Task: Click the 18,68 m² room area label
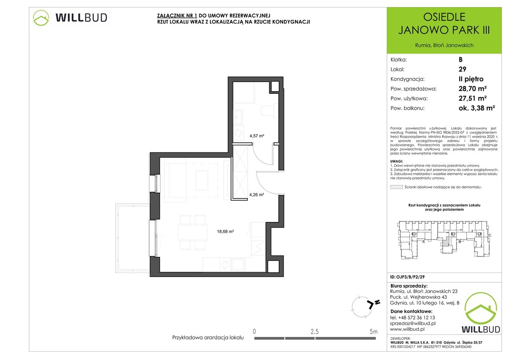225,232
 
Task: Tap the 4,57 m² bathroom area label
257,136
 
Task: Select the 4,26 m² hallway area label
256,195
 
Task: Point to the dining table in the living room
192,232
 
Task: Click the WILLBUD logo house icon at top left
41,18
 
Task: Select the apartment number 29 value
462,69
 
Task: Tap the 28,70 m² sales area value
472,88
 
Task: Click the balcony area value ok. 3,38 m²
477,108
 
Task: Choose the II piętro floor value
471,79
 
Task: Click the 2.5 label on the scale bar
315,332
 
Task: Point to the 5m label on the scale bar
373,332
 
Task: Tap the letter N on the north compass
377,302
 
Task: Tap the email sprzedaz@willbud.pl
413,323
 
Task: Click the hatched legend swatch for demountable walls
396,187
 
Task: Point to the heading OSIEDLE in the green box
444,17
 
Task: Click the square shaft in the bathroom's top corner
275,87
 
